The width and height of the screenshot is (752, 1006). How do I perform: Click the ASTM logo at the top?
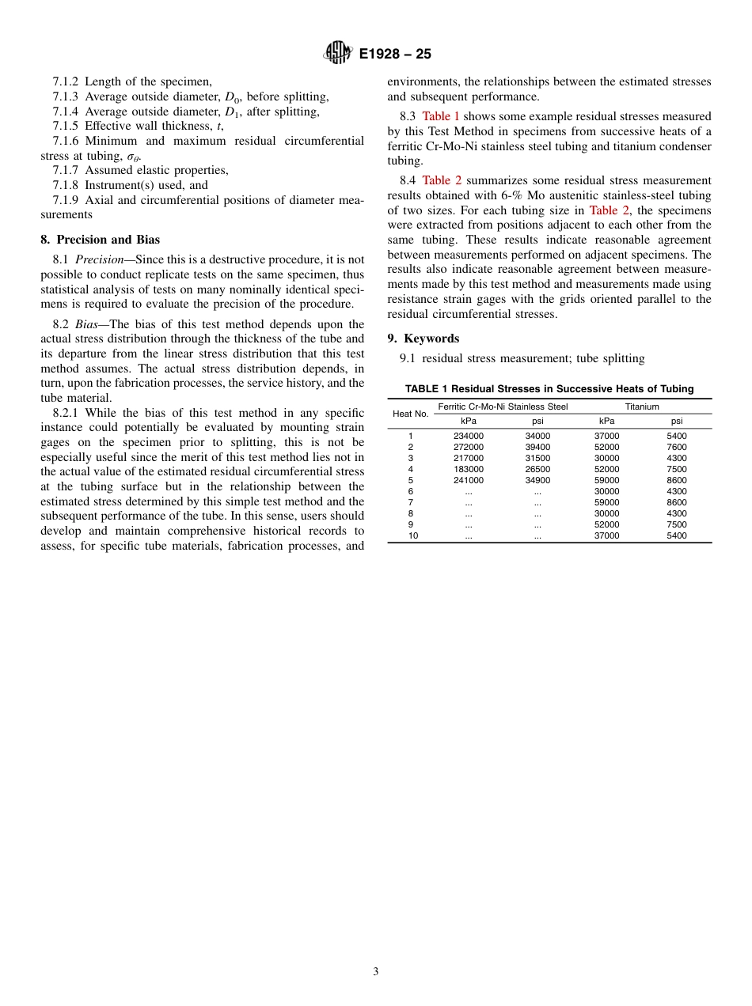point(338,54)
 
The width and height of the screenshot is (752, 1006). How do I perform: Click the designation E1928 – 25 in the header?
point(395,55)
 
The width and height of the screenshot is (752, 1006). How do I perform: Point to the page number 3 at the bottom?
point(376,972)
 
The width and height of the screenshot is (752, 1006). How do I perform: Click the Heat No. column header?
point(411,414)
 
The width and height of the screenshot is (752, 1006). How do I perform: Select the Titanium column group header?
point(642,407)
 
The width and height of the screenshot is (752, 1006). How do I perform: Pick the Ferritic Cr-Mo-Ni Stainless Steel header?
point(503,407)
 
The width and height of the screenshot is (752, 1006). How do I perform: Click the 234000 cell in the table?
point(469,436)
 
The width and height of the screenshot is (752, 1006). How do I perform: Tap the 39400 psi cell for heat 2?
point(537,447)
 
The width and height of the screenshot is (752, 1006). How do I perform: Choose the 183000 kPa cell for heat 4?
point(469,469)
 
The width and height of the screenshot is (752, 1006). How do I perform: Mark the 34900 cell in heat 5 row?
point(537,480)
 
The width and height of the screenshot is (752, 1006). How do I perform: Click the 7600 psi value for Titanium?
point(677,447)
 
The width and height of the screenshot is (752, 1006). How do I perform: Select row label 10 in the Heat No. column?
point(411,535)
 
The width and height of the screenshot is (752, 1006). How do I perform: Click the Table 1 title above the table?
point(549,389)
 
